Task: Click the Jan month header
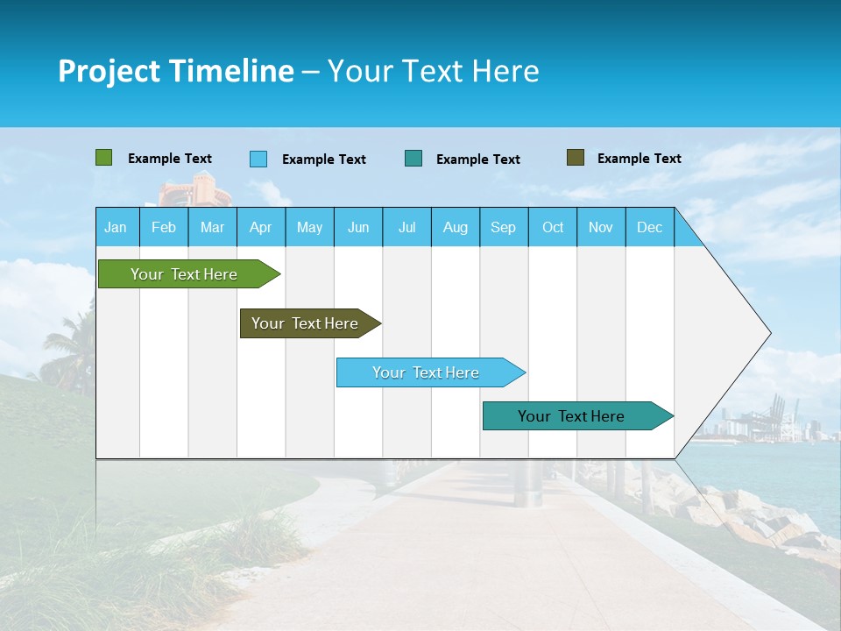click(x=116, y=227)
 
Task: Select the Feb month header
click(x=164, y=227)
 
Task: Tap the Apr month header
click(x=260, y=227)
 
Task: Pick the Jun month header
click(x=358, y=227)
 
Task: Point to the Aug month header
click(x=456, y=227)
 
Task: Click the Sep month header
click(x=503, y=227)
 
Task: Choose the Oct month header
click(x=553, y=227)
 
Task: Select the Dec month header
click(x=649, y=227)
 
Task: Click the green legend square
click(x=103, y=158)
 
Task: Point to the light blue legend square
click(x=258, y=159)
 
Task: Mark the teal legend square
click(x=413, y=158)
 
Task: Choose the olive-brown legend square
click(x=576, y=158)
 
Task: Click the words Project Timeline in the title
click(x=175, y=71)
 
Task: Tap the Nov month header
click(x=601, y=227)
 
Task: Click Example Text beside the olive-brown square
click(x=639, y=159)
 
